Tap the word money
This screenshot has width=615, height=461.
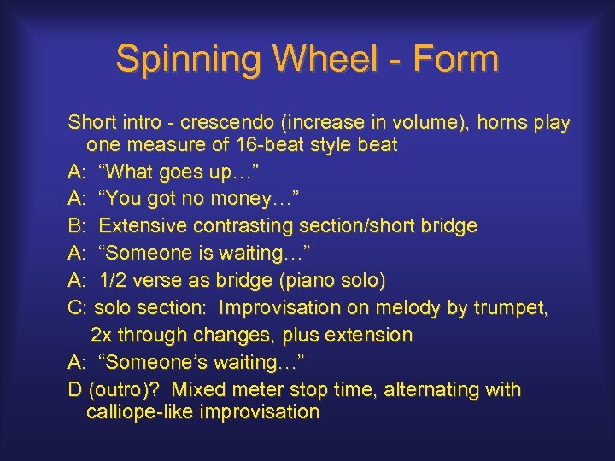(x=231, y=200)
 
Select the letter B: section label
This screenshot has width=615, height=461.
(x=78, y=226)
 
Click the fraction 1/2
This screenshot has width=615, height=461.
(x=114, y=281)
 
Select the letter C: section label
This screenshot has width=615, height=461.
(x=78, y=308)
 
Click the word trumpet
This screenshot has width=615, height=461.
(x=517, y=308)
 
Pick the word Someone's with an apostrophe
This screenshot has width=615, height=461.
(x=155, y=363)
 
